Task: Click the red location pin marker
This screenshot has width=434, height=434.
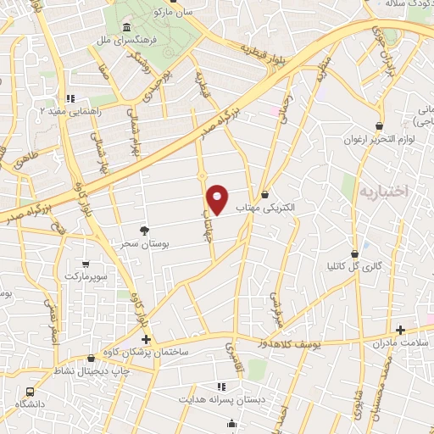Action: click(217, 198)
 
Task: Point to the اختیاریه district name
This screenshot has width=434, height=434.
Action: click(385, 192)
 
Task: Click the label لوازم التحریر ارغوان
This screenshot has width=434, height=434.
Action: click(377, 139)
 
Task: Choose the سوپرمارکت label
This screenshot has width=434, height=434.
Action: click(101, 276)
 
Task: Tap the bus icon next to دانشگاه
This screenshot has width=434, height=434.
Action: click(31, 393)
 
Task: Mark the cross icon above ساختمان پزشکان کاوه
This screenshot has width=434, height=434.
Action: click(147, 339)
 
